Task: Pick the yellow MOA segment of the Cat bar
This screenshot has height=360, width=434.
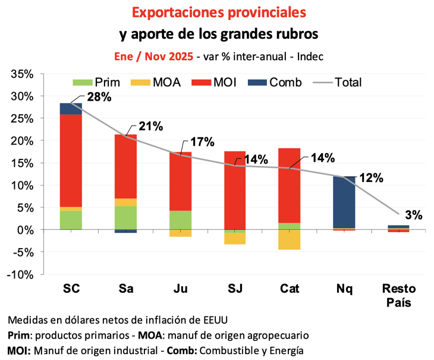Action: [x=289, y=240]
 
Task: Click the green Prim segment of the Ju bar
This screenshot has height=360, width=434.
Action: [x=180, y=220]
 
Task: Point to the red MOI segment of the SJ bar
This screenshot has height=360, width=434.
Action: [x=234, y=190]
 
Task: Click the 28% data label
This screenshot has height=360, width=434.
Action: [x=99, y=96]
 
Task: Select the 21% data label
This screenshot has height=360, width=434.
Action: [x=150, y=126]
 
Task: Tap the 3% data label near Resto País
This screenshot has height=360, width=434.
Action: [x=414, y=215]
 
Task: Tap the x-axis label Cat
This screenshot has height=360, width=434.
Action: [x=289, y=289]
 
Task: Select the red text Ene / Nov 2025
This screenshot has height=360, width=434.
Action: [x=153, y=57]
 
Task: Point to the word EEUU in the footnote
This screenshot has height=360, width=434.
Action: [x=211, y=319]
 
